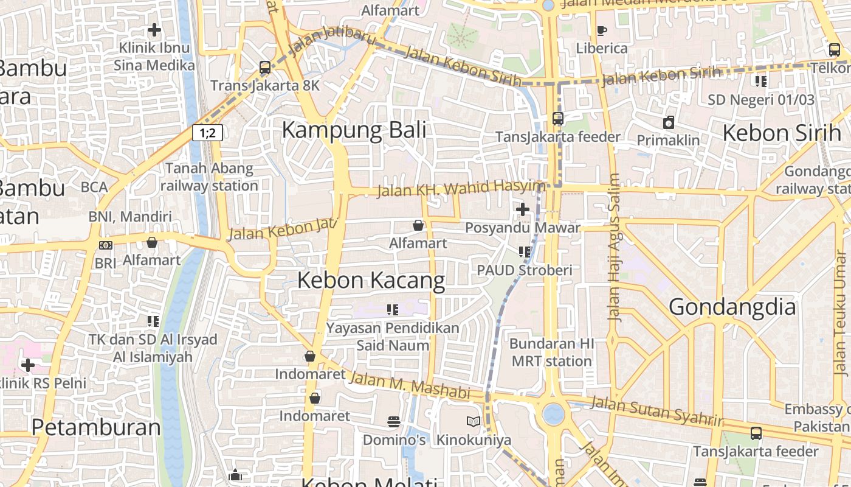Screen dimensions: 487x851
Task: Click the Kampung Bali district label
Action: pos(354,130)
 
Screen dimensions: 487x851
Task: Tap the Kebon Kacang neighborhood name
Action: pos(371,281)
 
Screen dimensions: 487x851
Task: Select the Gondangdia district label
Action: pos(732,307)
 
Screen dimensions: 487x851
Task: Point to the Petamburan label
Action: pos(96,427)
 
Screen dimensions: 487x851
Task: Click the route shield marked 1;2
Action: pos(207,133)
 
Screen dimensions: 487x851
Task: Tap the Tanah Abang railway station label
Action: pos(209,177)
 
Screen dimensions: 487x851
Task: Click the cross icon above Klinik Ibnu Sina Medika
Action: pos(154,29)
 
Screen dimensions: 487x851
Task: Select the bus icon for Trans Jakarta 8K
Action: pos(265,68)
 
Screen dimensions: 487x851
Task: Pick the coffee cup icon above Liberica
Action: pos(602,30)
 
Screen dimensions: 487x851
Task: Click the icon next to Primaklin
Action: pos(669,122)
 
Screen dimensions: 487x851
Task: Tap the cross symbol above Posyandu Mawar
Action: pos(523,210)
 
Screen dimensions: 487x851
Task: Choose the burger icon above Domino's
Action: pos(394,422)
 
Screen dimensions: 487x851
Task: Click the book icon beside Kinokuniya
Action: pos(473,421)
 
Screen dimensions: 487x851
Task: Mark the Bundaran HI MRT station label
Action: pos(551,352)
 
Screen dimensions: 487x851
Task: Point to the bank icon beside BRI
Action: pos(105,245)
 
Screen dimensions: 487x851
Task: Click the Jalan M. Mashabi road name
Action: pos(410,386)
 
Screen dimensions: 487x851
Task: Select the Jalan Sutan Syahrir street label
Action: pos(656,412)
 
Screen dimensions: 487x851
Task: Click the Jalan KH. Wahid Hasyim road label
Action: pos(460,189)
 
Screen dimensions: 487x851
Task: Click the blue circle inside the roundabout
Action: pos(553,414)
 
